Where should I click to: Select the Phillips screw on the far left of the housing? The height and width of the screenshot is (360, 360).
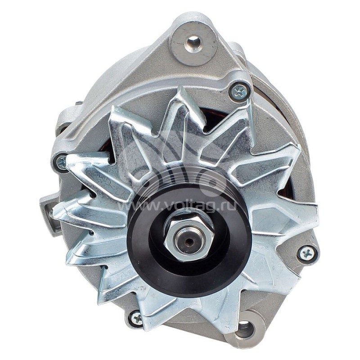62,162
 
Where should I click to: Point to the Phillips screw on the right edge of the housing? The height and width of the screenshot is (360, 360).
307,254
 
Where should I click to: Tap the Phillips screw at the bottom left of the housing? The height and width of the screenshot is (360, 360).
135,319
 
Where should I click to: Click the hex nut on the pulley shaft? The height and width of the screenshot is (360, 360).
189,234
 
